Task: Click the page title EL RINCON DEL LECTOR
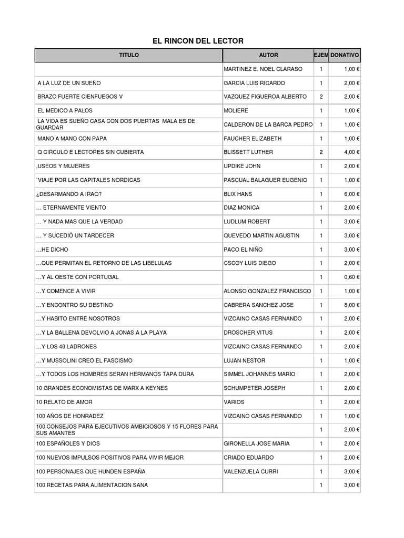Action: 198,41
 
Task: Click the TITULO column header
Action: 129,55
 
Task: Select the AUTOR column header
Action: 268,55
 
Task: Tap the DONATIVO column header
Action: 345,55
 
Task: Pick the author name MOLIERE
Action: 236,111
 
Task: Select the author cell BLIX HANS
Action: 238,194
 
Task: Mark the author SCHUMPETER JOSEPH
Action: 254,388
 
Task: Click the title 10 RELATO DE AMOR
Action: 64,402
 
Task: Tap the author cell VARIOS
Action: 234,402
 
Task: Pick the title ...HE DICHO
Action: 52,250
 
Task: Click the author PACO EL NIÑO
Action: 243,250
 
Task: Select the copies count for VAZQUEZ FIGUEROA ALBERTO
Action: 321,97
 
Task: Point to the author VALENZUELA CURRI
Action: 251,472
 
